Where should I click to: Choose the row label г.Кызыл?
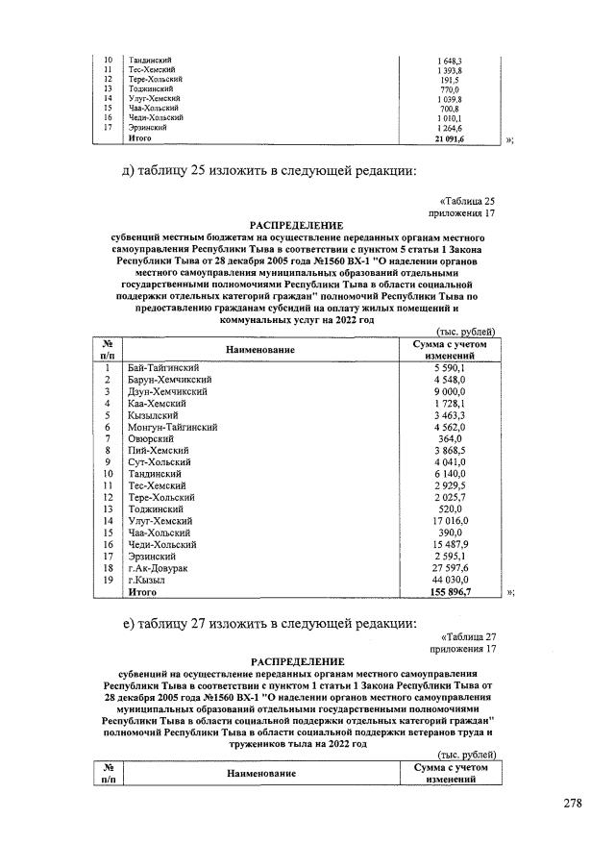pos(147,581)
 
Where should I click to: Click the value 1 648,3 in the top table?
pos(449,61)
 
